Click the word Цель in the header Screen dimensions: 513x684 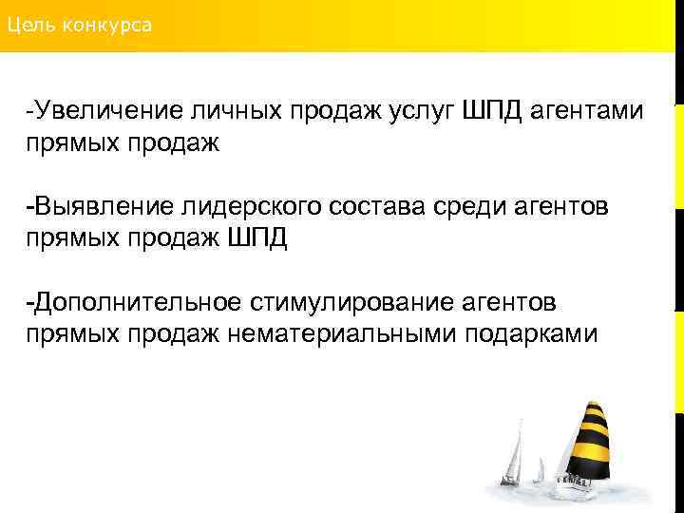pyautogui.click(x=29, y=25)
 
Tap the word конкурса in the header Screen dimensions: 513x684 pyautogui.click(x=107, y=25)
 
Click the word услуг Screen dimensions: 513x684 pyautogui.click(x=420, y=112)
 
